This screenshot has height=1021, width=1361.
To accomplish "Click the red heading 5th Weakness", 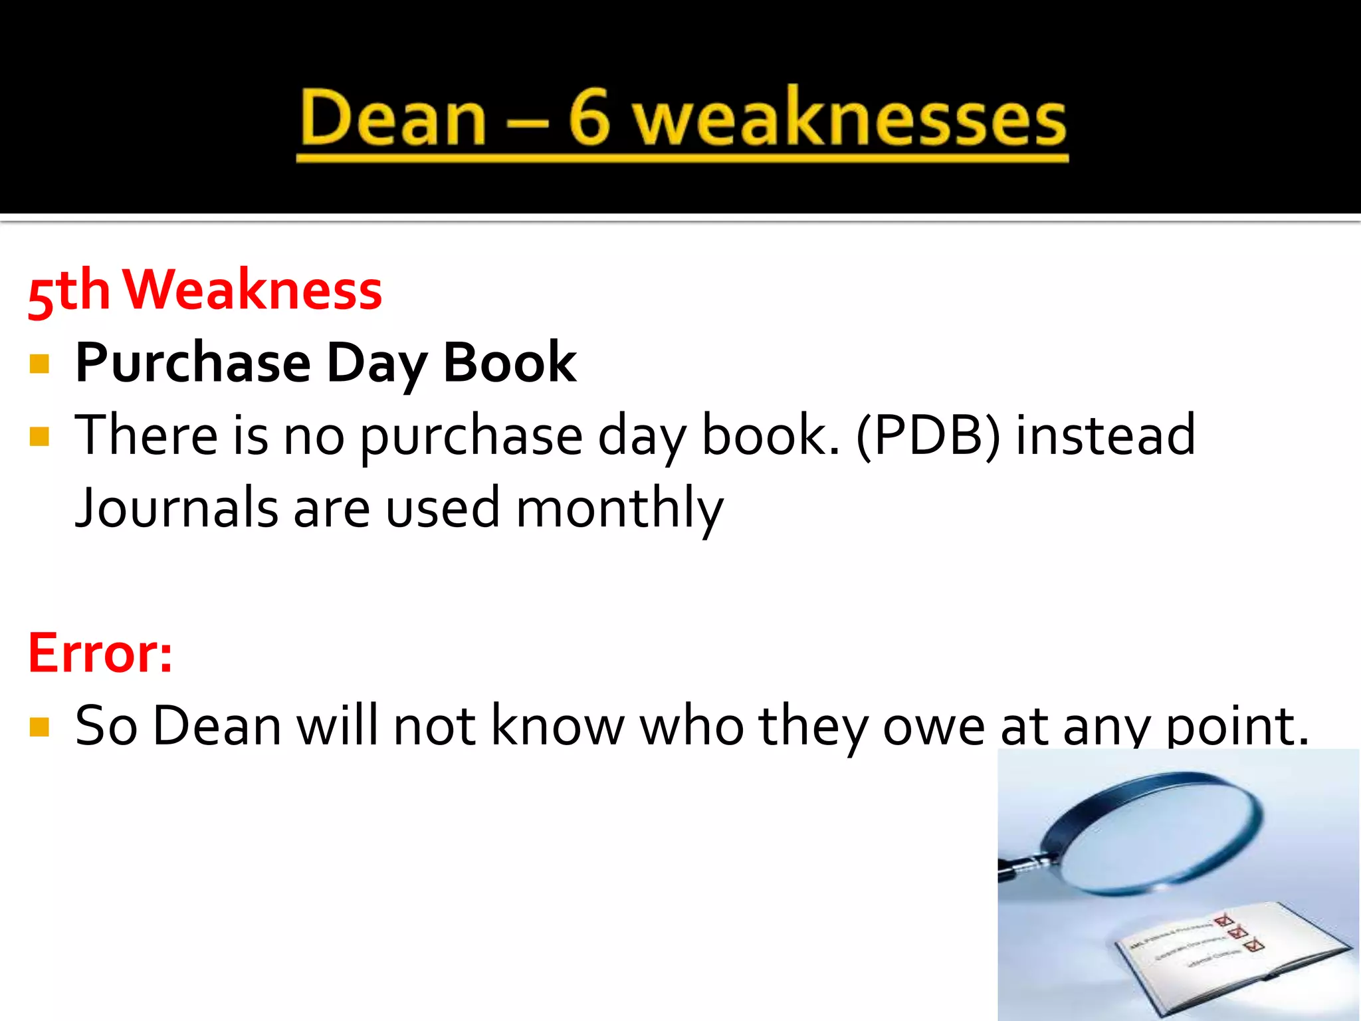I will (x=205, y=290).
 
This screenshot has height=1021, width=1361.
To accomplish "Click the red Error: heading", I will (x=100, y=653).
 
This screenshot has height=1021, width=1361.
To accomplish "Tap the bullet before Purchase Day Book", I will (x=40, y=364).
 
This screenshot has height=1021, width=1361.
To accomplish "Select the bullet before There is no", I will (x=40, y=436).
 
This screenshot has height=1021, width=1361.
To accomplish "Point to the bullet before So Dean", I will (x=40, y=727).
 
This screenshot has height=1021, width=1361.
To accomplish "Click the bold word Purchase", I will (x=193, y=364).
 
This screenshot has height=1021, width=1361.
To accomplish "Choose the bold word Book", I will (x=509, y=362).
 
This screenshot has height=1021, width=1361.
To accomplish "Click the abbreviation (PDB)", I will (x=928, y=436).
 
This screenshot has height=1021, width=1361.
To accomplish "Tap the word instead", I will (x=1105, y=435).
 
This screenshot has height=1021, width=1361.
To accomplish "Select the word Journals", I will (x=177, y=508).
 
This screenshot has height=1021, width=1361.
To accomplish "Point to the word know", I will (x=557, y=725).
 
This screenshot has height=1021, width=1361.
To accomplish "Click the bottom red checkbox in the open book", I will (x=1255, y=945).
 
